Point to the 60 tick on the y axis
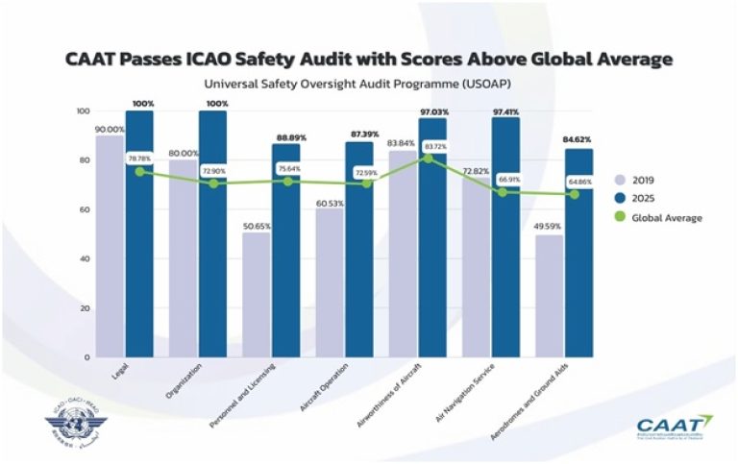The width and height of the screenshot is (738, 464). click(84, 209)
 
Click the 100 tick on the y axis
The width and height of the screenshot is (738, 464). click(82, 110)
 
